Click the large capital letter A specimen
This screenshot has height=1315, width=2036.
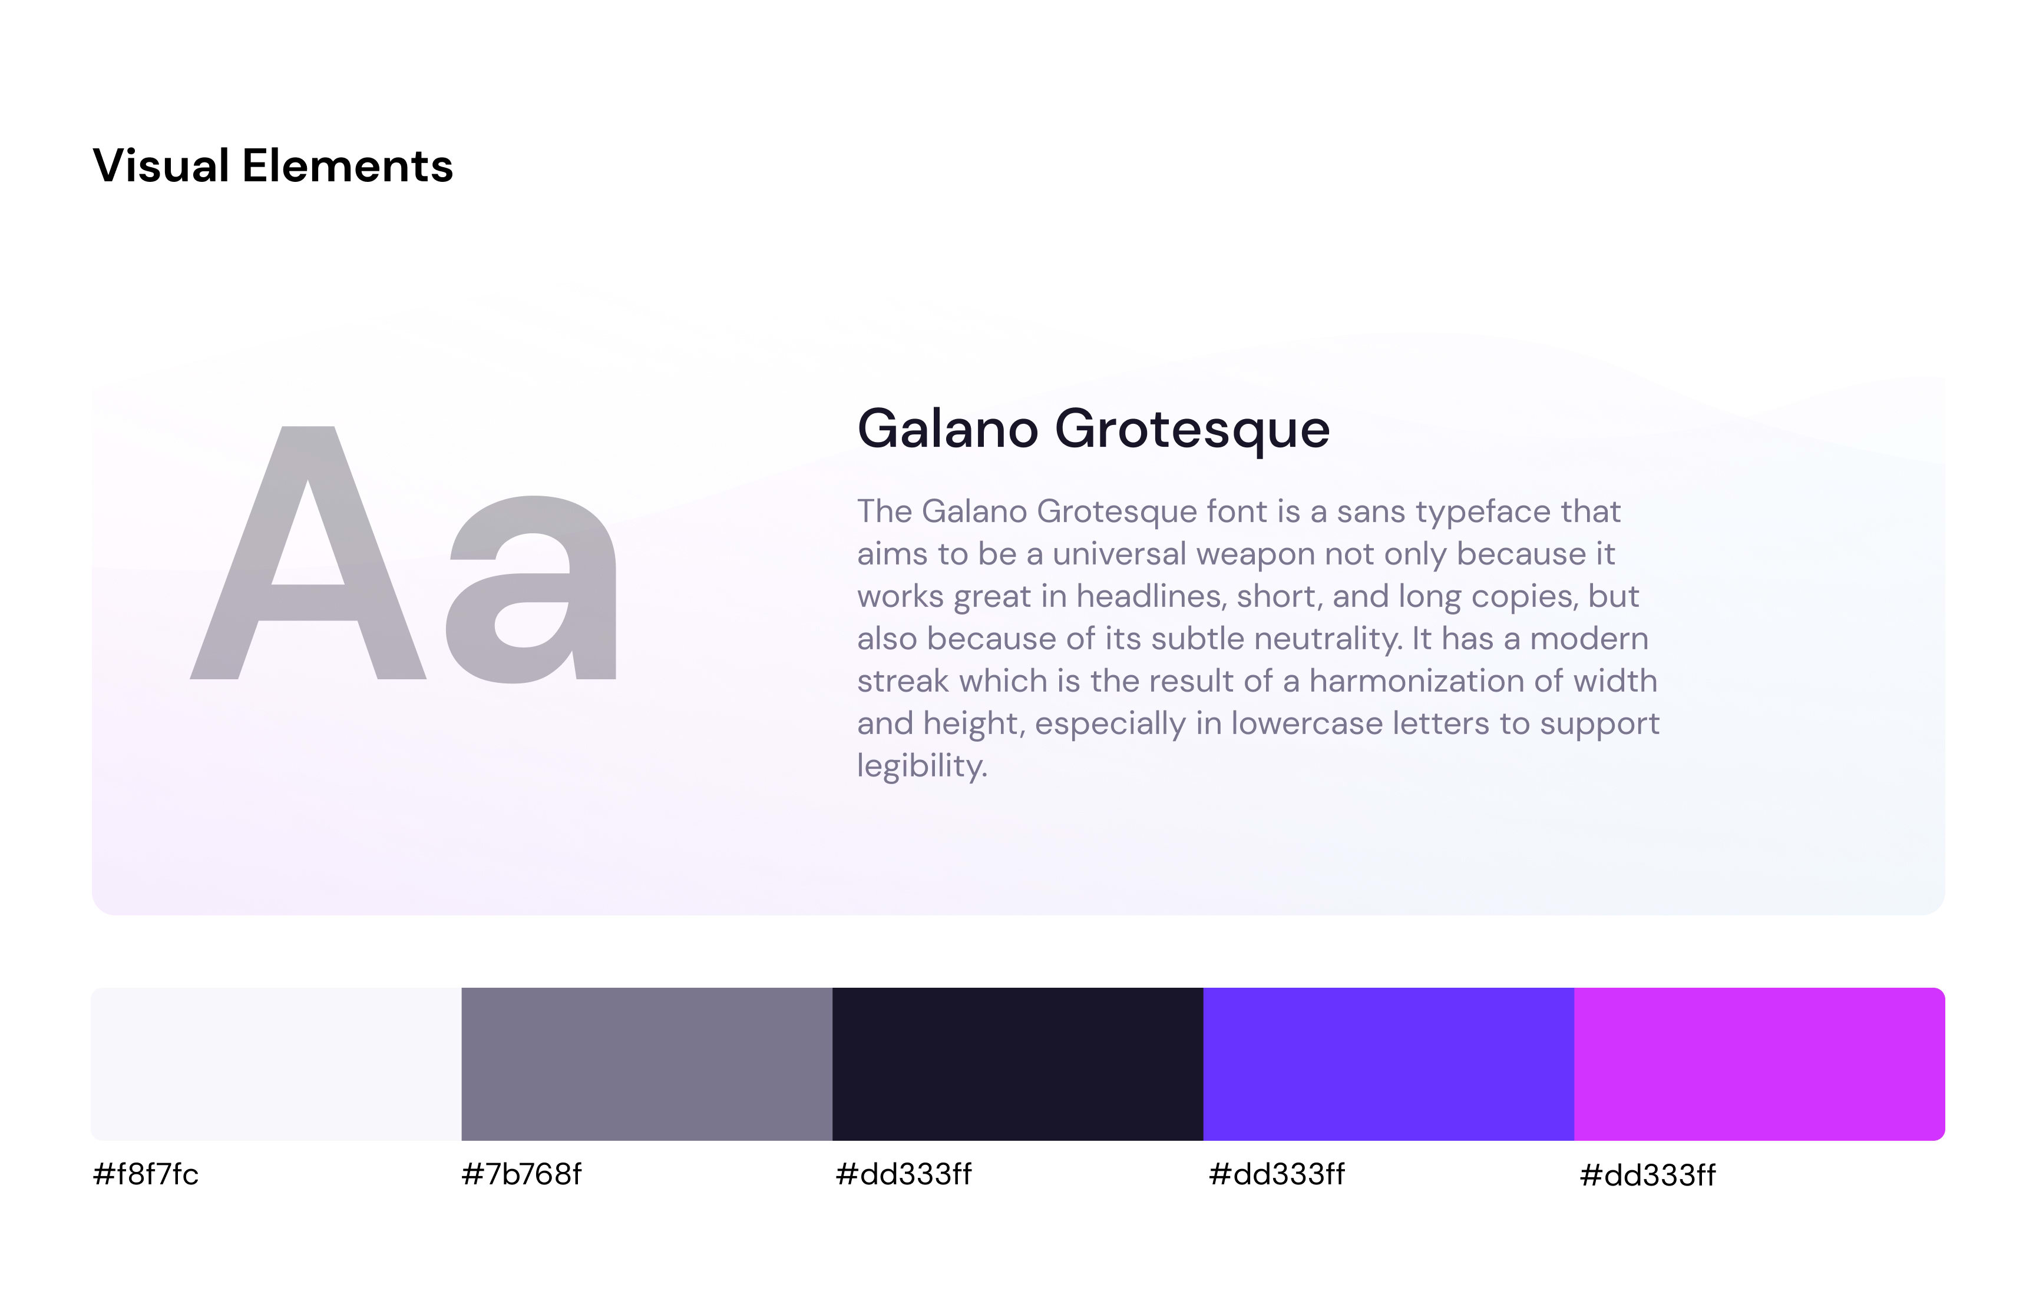308,553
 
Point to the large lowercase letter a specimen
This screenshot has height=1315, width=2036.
531,589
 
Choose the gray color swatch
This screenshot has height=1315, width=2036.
647,1064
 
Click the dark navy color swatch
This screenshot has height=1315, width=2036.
1017,1064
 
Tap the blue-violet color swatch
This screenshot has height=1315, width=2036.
1389,1064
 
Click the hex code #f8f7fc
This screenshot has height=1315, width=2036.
146,1174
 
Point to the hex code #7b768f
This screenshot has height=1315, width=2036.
521,1174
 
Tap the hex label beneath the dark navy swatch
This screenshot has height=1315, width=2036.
903,1174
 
